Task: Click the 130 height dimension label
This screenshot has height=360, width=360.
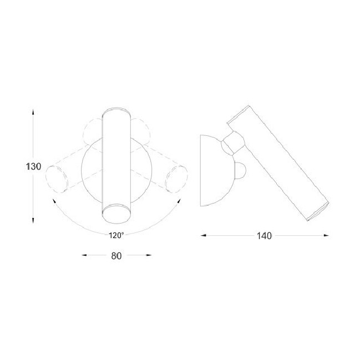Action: click(33, 166)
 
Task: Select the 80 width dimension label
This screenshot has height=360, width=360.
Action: click(116, 256)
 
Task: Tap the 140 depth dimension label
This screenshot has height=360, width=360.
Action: click(264, 236)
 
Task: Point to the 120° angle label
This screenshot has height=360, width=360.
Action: click(116, 235)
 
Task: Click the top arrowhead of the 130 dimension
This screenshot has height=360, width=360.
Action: click(33, 112)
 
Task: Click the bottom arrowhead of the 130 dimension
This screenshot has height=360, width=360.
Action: click(33, 220)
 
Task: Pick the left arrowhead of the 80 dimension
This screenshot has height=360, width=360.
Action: click(84, 255)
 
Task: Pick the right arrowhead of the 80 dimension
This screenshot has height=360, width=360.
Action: click(149, 255)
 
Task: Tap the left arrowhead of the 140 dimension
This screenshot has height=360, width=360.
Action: click(204, 235)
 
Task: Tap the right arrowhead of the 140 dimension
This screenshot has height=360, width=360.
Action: click(326, 235)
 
